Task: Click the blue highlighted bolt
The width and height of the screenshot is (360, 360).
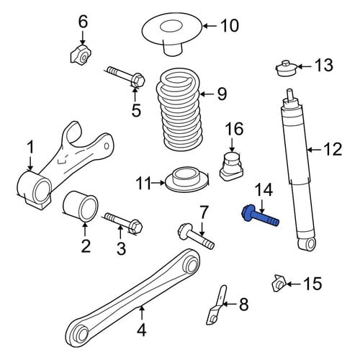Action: tap(261, 215)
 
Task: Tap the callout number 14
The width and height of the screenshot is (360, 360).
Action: tap(264, 190)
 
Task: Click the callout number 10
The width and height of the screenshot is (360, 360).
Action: tap(230, 25)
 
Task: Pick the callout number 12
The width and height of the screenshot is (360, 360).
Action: tap(333, 149)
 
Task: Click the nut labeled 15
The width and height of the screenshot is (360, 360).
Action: tap(279, 283)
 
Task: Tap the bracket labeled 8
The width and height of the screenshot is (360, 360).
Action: tap(217, 305)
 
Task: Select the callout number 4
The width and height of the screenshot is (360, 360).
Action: tap(142, 330)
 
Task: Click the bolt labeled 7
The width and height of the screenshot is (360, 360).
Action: tap(196, 236)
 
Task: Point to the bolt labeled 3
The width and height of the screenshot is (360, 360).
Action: tap(124, 222)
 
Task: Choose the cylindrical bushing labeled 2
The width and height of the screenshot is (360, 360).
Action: tap(81, 206)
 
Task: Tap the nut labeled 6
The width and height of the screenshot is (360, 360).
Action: tap(81, 55)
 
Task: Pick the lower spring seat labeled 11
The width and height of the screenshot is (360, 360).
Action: tap(187, 181)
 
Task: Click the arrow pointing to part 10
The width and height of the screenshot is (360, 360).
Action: tap(210, 26)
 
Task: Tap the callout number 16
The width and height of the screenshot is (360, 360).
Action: tap(234, 129)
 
